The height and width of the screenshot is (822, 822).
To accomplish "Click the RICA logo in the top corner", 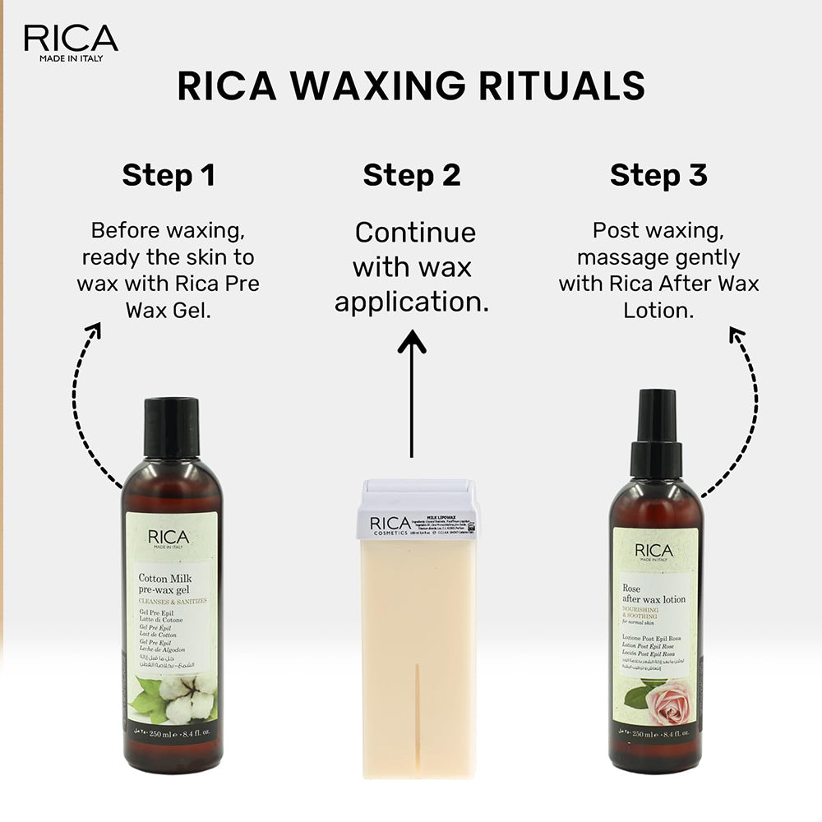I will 71,39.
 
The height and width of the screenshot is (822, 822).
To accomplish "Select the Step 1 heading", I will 169,175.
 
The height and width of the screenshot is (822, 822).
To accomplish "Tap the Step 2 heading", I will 412,175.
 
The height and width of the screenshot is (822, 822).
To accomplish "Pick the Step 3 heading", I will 658,175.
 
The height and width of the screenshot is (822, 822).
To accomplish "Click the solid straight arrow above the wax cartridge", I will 411,386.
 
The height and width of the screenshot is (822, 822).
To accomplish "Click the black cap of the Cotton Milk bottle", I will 172,427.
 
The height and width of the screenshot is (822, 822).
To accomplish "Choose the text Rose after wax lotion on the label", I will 653,593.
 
